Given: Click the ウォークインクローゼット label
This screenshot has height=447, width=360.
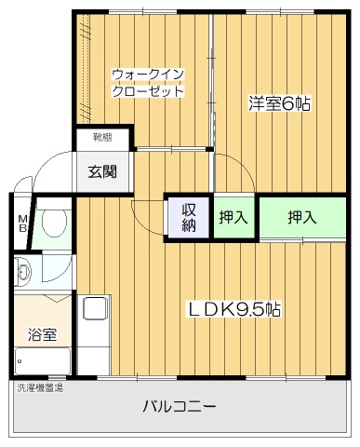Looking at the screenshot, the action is click(x=148, y=83).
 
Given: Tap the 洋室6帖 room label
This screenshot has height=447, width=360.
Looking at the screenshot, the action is click(x=279, y=104).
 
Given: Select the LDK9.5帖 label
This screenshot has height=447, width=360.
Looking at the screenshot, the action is click(x=234, y=309).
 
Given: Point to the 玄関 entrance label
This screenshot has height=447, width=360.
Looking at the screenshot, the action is click(x=102, y=171).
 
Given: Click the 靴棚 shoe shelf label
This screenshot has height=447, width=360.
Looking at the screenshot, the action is click(x=102, y=137).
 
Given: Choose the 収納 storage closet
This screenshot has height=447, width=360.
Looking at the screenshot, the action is click(x=189, y=218).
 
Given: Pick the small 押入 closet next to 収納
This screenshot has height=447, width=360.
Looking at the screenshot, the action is click(x=233, y=217).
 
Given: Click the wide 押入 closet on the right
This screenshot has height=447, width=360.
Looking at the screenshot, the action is click(x=302, y=217).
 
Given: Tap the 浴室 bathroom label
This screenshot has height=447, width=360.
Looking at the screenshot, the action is click(x=42, y=334).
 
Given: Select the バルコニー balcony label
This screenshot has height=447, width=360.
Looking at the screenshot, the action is click(x=179, y=406).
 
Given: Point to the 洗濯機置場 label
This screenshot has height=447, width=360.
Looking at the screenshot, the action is click(x=40, y=387).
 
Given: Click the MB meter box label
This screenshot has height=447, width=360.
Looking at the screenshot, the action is click(x=22, y=224).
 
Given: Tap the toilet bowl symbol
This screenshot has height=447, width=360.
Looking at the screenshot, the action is click(x=54, y=222).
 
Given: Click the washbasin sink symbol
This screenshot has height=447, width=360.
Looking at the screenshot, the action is click(x=23, y=272).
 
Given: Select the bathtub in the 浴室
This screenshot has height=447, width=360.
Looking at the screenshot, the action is click(x=43, y=361).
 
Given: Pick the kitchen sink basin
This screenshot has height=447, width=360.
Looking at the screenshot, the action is click(x=96, y=307).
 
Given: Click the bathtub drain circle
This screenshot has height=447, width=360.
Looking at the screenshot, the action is click(x=20, y=361).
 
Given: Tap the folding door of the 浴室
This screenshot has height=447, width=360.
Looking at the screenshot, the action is click(x=56, y=298).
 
